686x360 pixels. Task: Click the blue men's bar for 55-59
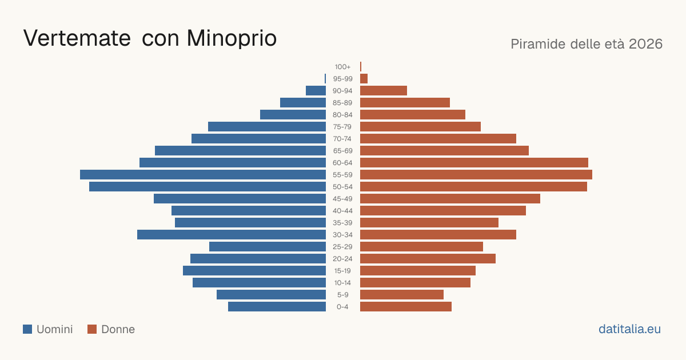(203, 174)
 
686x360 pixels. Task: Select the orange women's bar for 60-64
(474, 162)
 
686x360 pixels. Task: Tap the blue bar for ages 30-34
(232, 234)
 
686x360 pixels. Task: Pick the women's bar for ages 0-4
(406, 306)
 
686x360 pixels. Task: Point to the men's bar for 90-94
(316, 91)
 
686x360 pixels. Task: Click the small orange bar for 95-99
(364, 79)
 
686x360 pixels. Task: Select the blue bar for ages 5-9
(271, 294)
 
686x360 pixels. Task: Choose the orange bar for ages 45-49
(450, 199)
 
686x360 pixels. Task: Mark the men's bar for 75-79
(267, 126)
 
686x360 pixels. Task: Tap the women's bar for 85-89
(405, 102)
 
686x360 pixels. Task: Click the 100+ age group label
(342, 67)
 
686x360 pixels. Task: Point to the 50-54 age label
(342, 187)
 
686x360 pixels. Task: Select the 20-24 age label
(342, 259)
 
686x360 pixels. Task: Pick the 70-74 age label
(342, 139)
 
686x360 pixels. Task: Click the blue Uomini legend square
(27, 329)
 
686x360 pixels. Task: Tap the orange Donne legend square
(92, 329)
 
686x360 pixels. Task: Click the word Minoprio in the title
(232, 38)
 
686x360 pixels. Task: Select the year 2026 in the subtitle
(645, 44)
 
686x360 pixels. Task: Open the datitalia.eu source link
(629, 329)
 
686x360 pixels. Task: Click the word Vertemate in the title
(77, 38)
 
